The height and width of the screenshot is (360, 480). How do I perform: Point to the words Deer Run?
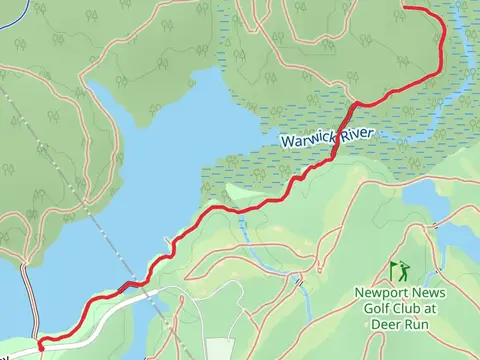(x=399, y=324)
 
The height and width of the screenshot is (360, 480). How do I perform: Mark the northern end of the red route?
(x=405, y=8)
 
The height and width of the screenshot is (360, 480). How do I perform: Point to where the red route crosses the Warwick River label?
(x=338, y=139)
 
